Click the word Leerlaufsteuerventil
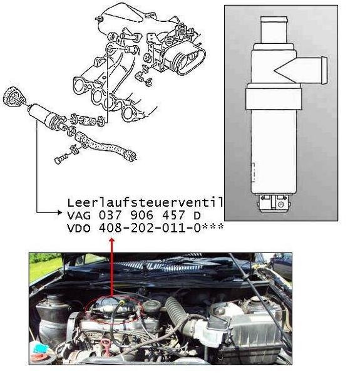tap(145, 203)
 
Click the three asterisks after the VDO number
tap(213, 227)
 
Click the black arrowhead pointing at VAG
tap(59, 212)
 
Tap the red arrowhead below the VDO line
tap(112, 240)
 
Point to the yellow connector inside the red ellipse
tap(121, 302)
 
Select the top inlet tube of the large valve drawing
tap(274, 30)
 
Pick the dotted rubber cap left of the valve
tap(13, 96)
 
